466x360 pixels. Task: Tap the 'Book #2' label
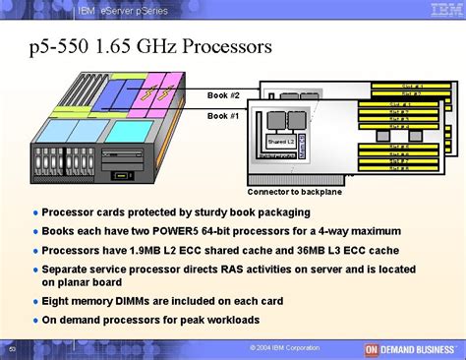[222, 95]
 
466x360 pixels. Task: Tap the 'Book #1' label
[222, 115]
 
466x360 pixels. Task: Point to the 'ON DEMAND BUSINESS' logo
[412, 348]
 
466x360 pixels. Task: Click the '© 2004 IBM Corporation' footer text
[285, 348]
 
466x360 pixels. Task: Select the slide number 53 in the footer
[12, 349]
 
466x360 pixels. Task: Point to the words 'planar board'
[94, 285]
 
